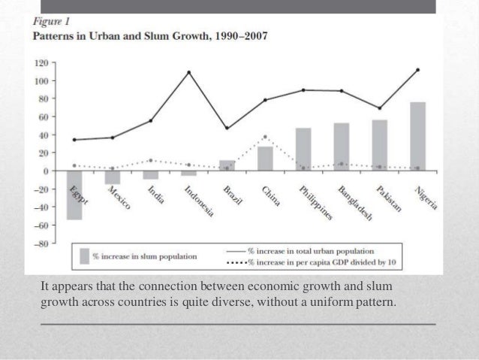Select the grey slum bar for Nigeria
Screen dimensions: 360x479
click(417, 137)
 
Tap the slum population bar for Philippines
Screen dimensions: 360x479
click(303, 149)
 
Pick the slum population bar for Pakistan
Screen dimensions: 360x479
click(379, 145)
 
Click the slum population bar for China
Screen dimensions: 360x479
click(265, 159)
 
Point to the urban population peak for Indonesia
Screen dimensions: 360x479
click(188, 73)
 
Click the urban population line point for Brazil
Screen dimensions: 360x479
click(227, 128)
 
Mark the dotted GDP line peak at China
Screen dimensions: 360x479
click(265, 137)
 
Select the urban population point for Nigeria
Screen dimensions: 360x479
click(417, 70)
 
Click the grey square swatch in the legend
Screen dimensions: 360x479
click(84, 256)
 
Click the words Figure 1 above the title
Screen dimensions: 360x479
click(49, 22)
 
